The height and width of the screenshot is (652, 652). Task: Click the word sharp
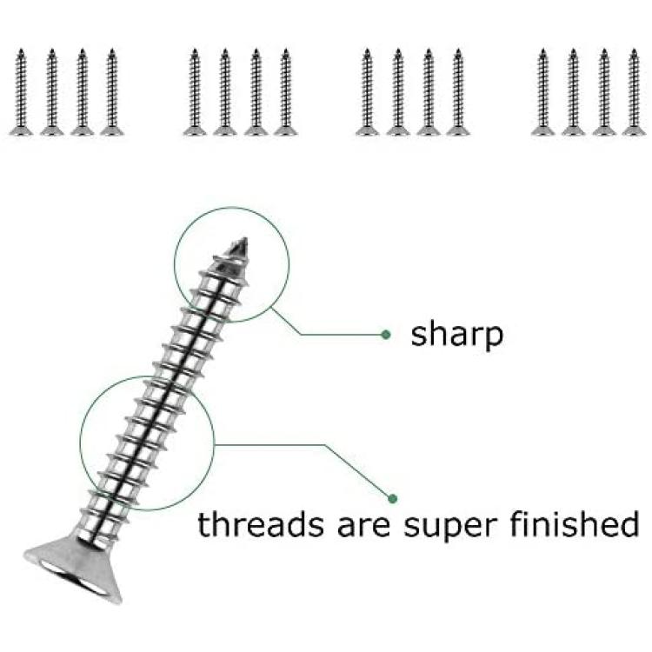[456, 336]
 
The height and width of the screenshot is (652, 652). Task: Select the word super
[450, 527]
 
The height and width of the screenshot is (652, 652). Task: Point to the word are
[364, 527]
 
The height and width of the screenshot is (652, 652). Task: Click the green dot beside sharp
[386, 335]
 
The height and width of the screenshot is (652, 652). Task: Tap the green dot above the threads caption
[392, 498]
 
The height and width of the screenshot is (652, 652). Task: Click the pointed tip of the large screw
[246, 239]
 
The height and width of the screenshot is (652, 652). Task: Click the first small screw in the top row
[21, 92]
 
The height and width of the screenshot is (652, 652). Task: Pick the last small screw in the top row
[634, 92]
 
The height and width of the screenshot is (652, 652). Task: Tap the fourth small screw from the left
[111, 92]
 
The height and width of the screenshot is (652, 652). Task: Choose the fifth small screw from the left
[195, 92]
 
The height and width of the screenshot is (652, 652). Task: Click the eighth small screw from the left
[285, 92]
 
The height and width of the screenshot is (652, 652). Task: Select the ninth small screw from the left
[367, 92]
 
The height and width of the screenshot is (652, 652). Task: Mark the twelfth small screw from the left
[458, 92]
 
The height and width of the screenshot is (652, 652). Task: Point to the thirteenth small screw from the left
[542, 92]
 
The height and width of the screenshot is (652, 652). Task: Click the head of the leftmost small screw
[21, 130]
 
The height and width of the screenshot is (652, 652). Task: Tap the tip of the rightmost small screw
[634, 50]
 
